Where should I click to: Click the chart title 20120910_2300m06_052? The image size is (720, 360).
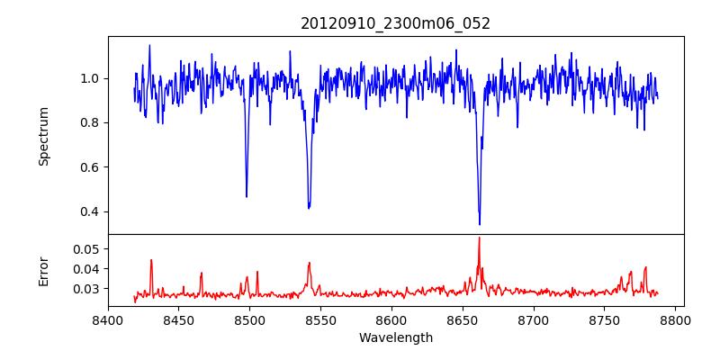click(x=395, y=23)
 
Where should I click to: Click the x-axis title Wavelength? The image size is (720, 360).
click(x=395, y=337)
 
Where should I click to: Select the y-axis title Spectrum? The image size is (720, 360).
click(x=44, y=136)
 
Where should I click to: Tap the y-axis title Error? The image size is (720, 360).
click(x=44, y=271)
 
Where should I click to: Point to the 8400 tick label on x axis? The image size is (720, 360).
click(x=108, y=319)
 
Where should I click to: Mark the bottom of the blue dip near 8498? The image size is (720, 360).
click(x=247, y=196)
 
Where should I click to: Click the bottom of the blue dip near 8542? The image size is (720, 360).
click(x=309, y=208)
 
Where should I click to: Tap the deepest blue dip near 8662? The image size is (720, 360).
click(x=480, y=224)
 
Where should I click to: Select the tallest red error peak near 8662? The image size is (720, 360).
click(x=479, y=238)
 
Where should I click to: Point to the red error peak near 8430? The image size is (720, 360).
click(x=151, y=260)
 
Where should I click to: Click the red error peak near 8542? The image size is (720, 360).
click(x=309, y=263)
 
